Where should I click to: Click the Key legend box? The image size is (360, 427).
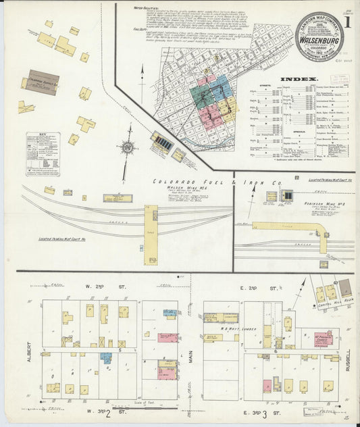[x=43, y=153]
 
